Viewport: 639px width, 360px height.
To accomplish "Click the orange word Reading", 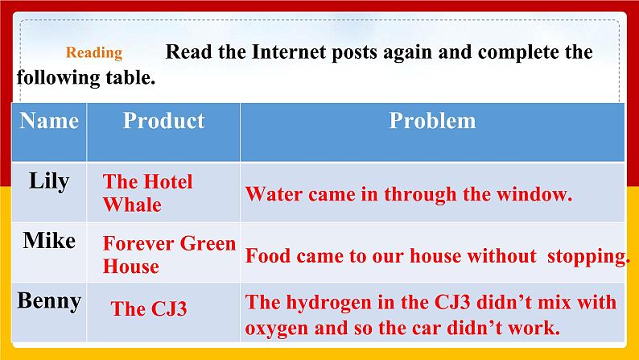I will (x=94, y=54).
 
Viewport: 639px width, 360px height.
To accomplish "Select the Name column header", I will (x=49, y=121).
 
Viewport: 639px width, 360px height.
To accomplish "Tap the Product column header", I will (x=163, y=121).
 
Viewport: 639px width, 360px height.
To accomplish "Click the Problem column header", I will (x=432, y=121).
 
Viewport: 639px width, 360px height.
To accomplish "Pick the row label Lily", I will (x=49, y=181).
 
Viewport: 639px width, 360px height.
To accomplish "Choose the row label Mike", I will (x=49, y=241).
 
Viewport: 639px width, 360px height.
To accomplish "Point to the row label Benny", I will (x=49, y=301).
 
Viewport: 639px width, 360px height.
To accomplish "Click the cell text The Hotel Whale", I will (x=147, y=193).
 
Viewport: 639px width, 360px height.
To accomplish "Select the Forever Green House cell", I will (x=169, y=254).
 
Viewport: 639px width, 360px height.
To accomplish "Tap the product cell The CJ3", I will (x=149, y=308).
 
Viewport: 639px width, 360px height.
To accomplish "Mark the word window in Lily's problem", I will (x=538, y=194).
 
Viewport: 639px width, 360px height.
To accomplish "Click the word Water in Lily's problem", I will (x=271, y=194).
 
